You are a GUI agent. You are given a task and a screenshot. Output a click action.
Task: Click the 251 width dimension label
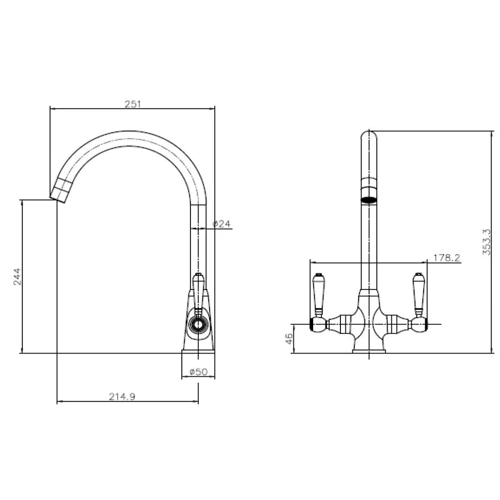(x=133, y=104)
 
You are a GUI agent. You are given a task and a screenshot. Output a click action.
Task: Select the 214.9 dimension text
(x=122, y=396)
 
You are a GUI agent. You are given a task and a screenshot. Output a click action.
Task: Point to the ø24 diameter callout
(x=221, y=224)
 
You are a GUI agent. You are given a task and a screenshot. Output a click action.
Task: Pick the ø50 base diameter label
(x=198, y=372)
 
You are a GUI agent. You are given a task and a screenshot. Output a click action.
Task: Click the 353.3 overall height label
(x=486, y=241)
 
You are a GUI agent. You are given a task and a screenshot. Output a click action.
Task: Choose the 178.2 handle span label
(x=446, y=258)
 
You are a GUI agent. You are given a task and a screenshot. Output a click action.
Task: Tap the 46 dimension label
(x=289, y=339)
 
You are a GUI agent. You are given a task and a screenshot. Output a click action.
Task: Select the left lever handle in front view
(x=319, y=293)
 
